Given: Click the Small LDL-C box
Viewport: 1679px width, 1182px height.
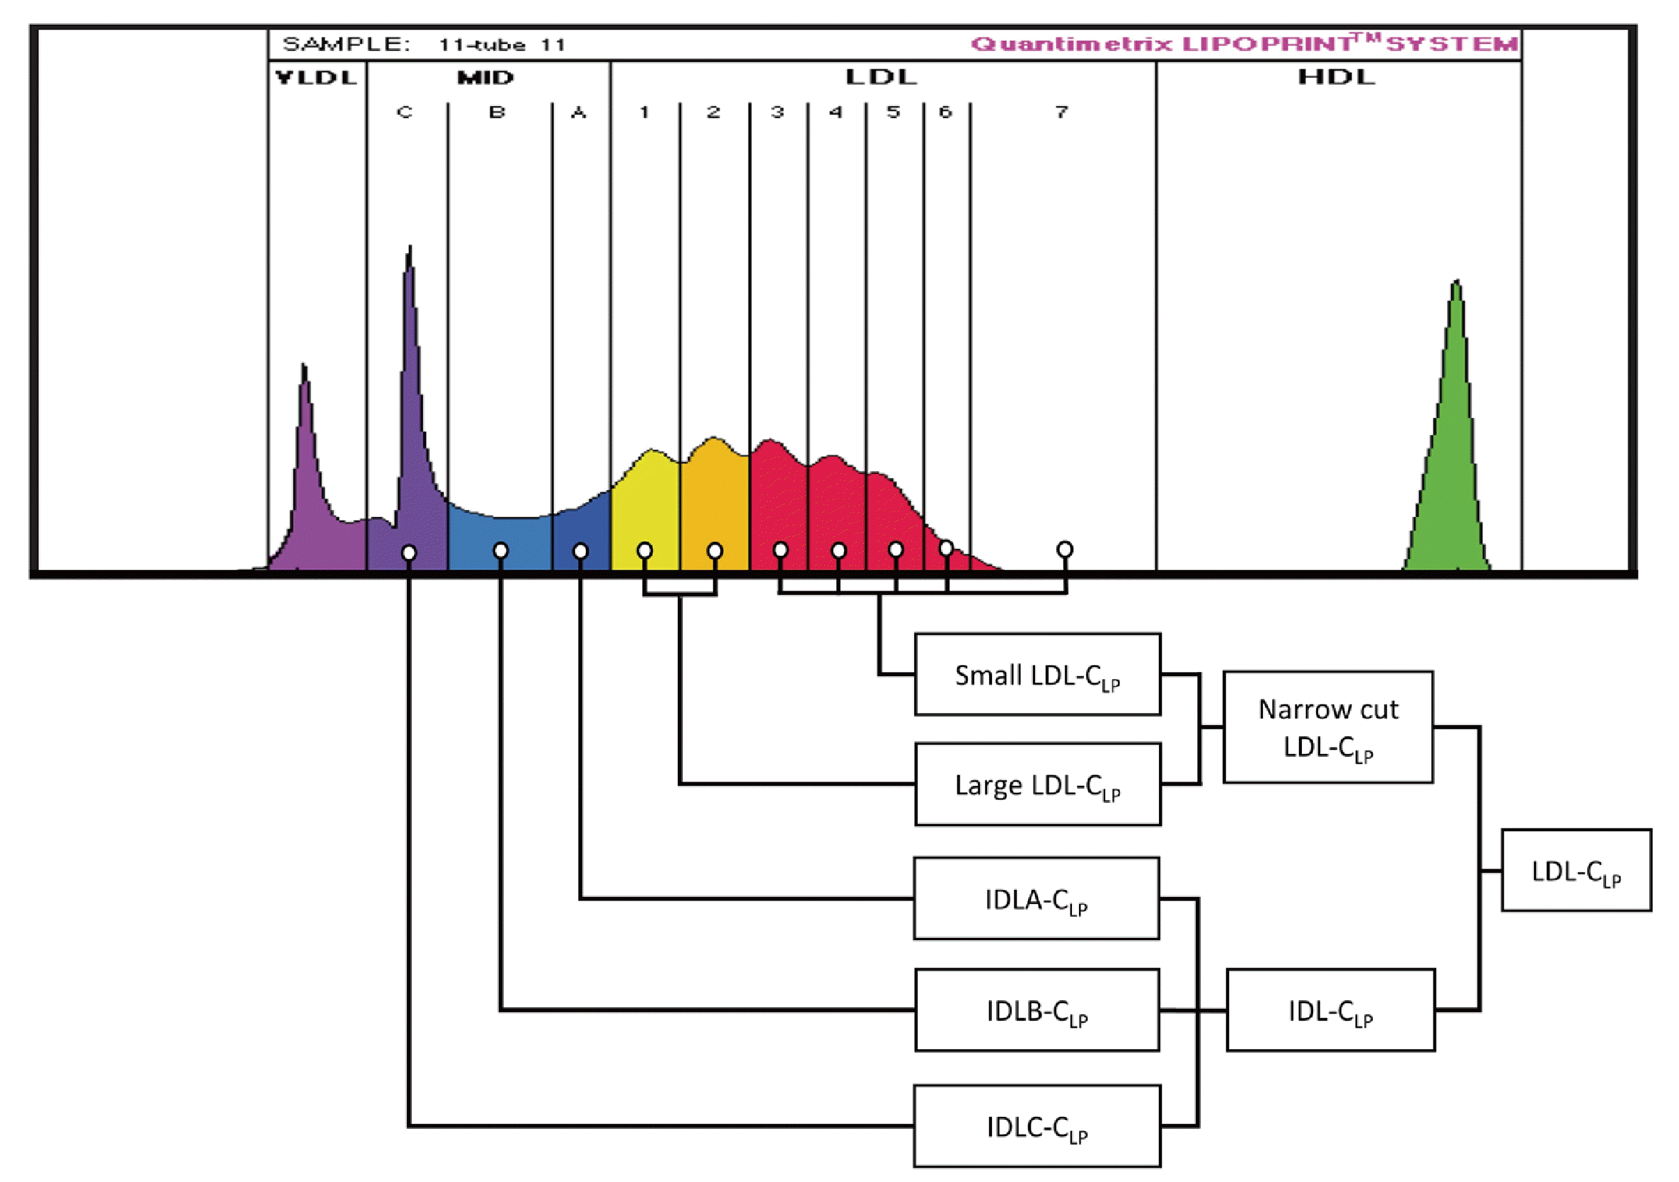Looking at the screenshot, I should pyautogui.click(x=1037, y=674).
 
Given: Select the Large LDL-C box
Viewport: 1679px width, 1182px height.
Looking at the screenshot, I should pyautogui.click(x=1037, y=784).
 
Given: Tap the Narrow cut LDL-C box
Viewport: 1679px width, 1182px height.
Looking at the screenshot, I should pyautogui.click(x=1327, y=726).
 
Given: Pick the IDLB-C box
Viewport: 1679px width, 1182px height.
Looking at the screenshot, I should pyautogui.click(x=1037, y=1010).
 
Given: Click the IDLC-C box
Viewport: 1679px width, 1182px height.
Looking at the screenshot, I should pyautogui.click(x=1037, y=1126).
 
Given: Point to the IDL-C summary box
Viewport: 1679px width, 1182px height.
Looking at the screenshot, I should pyautogui.click(x=1330, y=1010).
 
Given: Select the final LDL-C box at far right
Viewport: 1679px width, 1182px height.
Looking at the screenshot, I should pyautogui.click(x=1576, y=870).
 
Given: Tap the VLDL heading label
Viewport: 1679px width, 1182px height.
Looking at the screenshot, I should pyautogui.click(x=316, y=78).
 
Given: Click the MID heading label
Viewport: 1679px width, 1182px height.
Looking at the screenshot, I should pyautogui.click(x=485, y=78).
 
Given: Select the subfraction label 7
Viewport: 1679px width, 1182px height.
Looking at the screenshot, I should pyautogui.click(x=1061, y=112).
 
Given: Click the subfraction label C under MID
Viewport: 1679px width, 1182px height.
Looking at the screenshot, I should pyautogui.click(x=405, y=112).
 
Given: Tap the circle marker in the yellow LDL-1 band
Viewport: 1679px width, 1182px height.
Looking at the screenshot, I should pyautogui.click(x=645, y=550).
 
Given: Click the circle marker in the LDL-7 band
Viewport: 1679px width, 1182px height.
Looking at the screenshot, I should pyautogui.click(x=1065, y=549).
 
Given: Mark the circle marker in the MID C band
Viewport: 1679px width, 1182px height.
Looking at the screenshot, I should pyautogui.click(x=409, y=552).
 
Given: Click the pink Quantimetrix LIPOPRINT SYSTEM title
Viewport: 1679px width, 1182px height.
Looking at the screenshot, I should pyautogui.click(x=1243, y=44).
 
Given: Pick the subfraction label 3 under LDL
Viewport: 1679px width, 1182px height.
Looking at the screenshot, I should pyautogui.click(x=778, y=112).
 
